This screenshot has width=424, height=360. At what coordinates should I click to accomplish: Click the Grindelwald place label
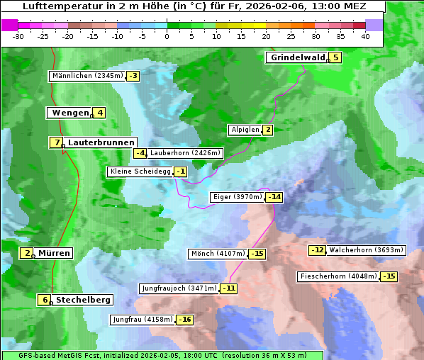(297, 57)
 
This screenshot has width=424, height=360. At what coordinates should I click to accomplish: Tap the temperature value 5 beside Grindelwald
(335, 57)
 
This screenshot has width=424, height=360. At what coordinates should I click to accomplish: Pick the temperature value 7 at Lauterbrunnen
(56, 142)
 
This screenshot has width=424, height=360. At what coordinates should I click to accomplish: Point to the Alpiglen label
(245, 130)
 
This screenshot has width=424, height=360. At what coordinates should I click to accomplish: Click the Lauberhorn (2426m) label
(186, 152)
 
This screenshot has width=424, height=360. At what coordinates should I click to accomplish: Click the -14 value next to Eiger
(274, 197)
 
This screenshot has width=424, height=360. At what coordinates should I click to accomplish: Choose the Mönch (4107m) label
(218, 254)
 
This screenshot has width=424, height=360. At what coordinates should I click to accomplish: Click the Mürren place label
(54, 253)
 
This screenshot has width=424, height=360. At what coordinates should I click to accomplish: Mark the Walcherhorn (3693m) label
(366, 249)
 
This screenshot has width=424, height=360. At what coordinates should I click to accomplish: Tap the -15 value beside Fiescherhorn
(389, 276)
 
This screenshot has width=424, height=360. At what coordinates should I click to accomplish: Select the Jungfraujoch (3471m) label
(179, 288)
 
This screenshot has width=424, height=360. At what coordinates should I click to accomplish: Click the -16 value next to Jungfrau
(185, 320)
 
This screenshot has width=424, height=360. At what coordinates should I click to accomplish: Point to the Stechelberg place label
(83, 300)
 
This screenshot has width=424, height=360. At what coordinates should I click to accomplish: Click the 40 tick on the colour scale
(365, 36)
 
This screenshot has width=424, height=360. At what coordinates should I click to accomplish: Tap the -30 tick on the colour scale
(18, 36)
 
